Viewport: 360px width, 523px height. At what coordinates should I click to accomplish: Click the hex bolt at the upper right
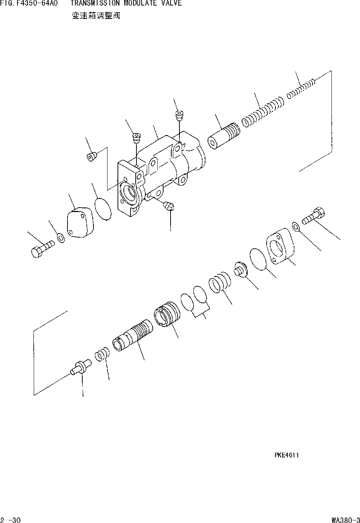pyautogui.click(x=314, y=216)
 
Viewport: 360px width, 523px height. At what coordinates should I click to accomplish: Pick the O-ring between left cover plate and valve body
pyautogui.click(x=102, y=209)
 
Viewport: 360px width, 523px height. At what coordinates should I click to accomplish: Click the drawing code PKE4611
pyautogui.click(x=287, y=455)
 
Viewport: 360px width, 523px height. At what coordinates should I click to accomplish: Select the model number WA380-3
pyautogui.click(x=346, y=520)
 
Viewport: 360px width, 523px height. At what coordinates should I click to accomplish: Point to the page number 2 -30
pyautogui.click(x=11, y=520)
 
